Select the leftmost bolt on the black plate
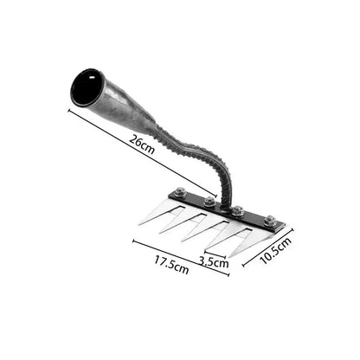point(179,192)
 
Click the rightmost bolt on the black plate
point(269,222)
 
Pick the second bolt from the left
point(209,202)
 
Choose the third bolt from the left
point(238,210)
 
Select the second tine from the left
point(177,222)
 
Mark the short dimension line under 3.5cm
point(216,254)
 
